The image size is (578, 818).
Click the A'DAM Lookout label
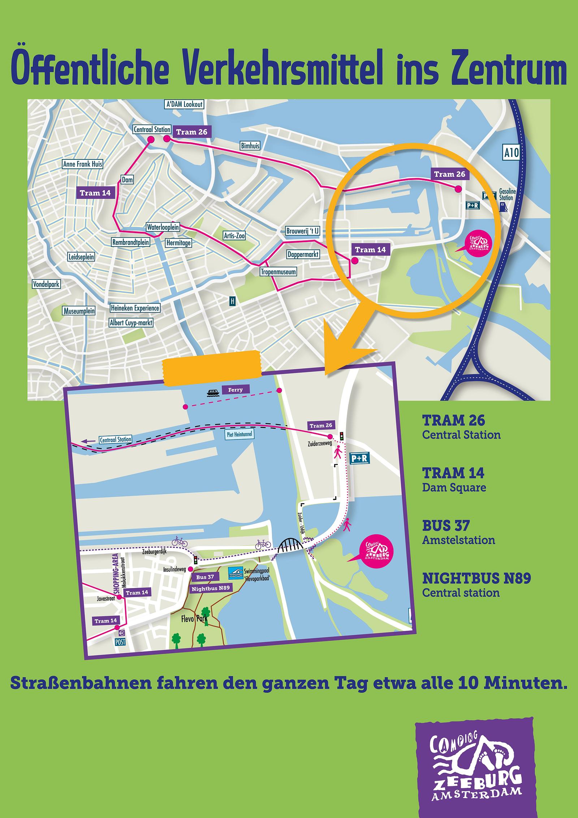(184, 104)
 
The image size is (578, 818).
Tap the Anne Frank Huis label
(83, 164)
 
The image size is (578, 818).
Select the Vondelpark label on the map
(46, 284)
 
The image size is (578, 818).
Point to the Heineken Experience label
(135, 308)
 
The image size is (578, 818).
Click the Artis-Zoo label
(234, 236)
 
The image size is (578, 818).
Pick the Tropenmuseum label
(278, 272)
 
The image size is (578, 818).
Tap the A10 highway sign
(511, 153)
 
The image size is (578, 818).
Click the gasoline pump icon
(502, 207)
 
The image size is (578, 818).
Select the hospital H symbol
(232, 301)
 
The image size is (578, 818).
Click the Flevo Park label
(194, 619)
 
